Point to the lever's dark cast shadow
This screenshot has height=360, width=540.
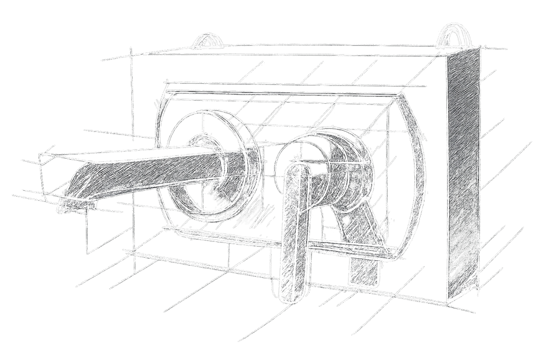click(x=359, y=232)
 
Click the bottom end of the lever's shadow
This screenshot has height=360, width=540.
click(x=364, y=277)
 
